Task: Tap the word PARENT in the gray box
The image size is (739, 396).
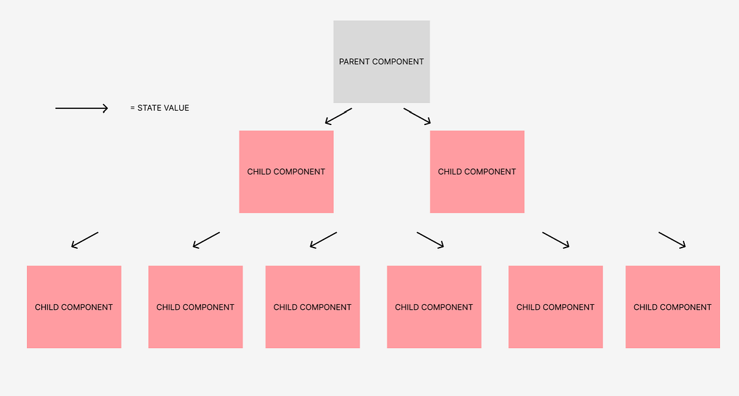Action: pos(353,62)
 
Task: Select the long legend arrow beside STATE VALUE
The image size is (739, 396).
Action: pos(81,108)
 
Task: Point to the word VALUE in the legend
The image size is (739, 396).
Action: pos(176,108)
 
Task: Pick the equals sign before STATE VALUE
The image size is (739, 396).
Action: pos(132,108)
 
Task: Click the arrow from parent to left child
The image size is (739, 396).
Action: pos(338,116)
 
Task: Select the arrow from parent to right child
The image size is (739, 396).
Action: pos(417,116)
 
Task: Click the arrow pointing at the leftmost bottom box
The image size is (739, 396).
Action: pos(85,240)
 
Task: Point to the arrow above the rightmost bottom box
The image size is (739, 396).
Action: pos(672,240)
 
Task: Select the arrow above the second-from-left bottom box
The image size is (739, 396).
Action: pos(206,240)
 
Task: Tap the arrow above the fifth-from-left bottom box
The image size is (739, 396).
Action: pos(555,240)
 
